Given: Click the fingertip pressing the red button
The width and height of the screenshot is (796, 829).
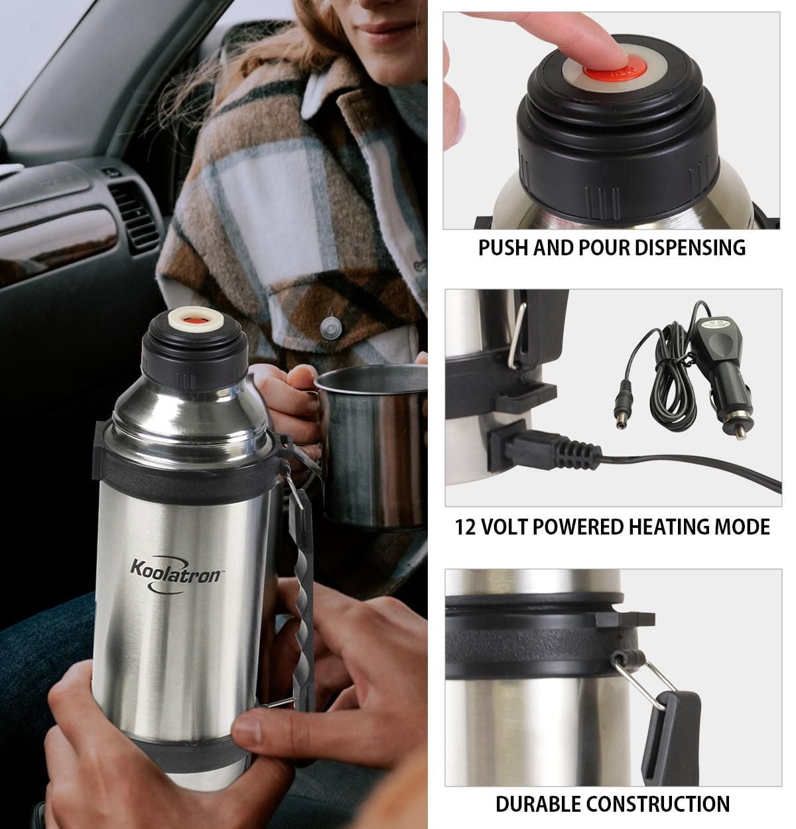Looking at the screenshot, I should (x=607, y=50).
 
